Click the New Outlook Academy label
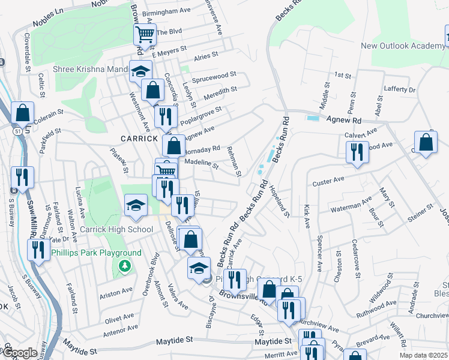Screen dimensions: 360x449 tap(403, 46)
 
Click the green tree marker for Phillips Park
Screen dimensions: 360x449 tap(125, 265)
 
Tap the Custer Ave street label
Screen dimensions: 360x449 tap(327, 179)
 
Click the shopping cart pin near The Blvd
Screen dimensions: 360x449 tap(145, 34)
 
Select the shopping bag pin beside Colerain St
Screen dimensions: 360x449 tap(22, 112)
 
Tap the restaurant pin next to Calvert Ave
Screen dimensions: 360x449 tap(357, 151)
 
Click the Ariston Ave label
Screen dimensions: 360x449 tap(116, 293)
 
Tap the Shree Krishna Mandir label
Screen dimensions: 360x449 tap(90, 69)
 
